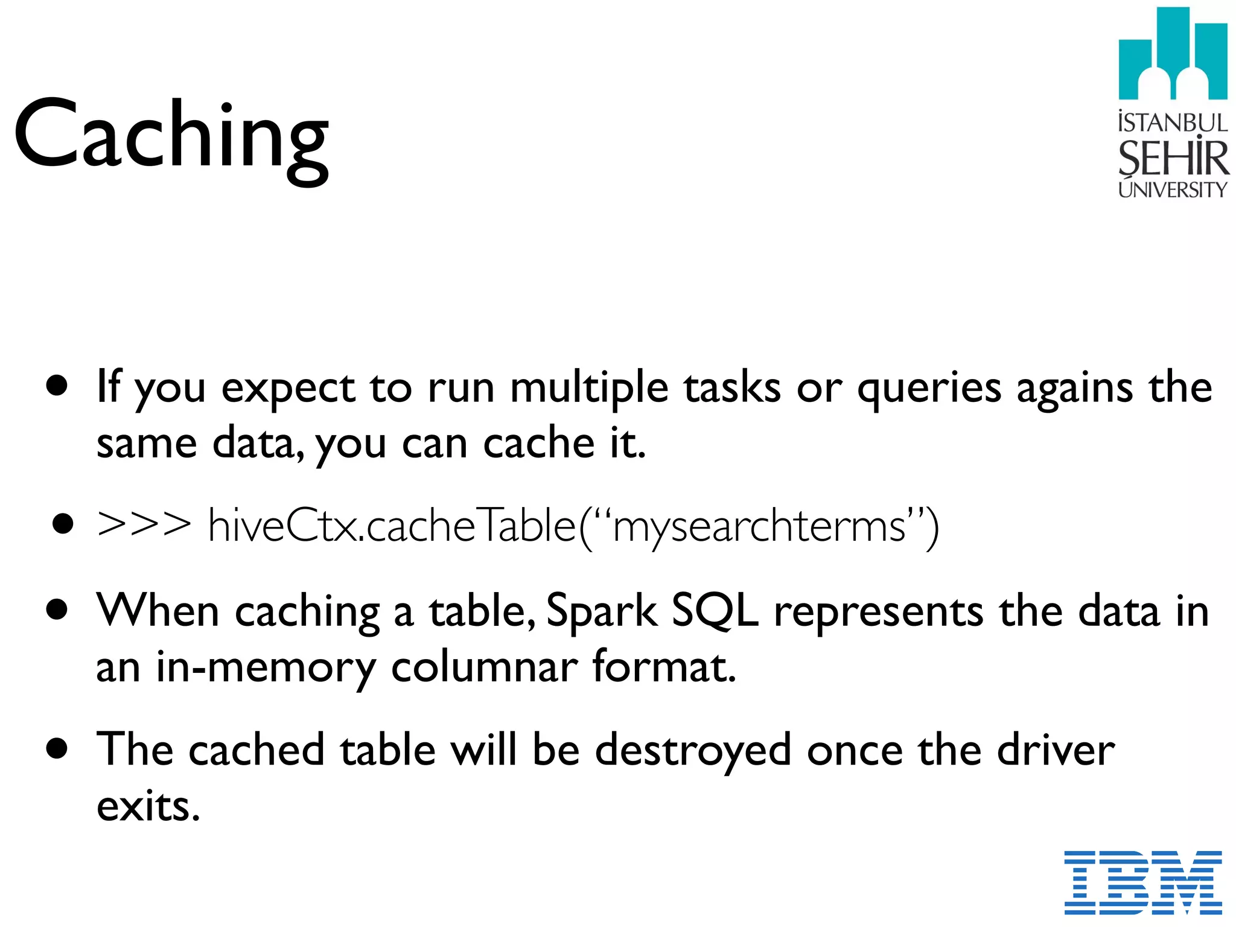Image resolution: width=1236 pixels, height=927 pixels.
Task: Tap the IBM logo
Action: (x=1142, y=882)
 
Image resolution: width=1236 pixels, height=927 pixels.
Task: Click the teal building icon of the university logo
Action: (x=1173, y=54)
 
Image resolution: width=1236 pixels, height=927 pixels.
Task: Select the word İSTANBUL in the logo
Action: (x=1173, y=123)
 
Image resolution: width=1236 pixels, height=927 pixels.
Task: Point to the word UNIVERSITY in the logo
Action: (x=1173, y=190)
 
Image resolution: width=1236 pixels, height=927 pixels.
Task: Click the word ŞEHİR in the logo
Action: (x=1173, y=158)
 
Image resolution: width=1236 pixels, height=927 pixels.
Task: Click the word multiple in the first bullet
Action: (x=589, y=388)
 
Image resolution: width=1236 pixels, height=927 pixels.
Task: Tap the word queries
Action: (x=929, y=388)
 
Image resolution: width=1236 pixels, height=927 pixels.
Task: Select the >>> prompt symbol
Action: (x=144, y=524)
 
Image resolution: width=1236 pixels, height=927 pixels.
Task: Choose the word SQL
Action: (x=715, y=611)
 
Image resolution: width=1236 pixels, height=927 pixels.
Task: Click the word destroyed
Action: (x=693, y=751)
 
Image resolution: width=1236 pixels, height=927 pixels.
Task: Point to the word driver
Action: (x=1056, y=750)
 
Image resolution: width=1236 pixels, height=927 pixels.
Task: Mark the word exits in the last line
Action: (x=148, y=806)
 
